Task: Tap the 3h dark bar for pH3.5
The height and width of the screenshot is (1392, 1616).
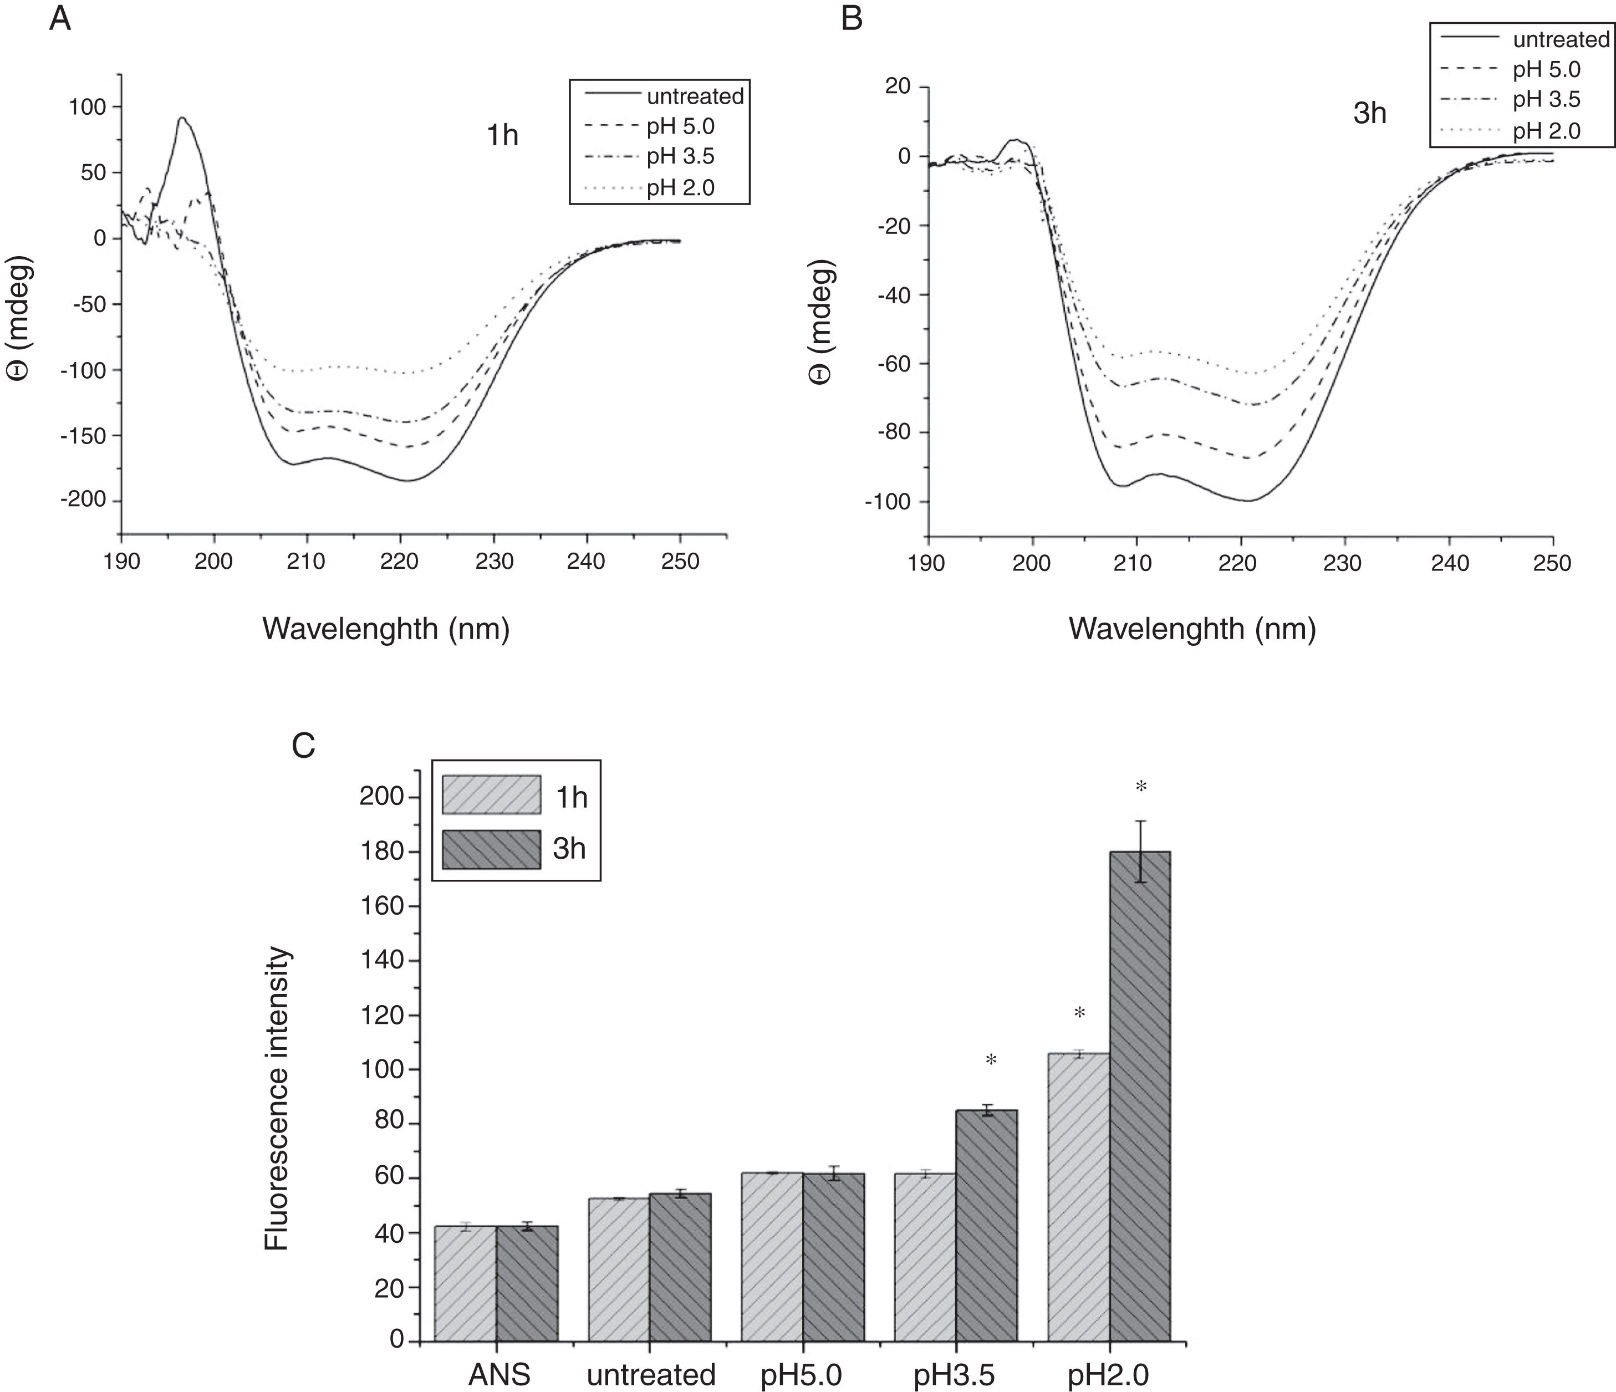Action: (x=987, y=1225)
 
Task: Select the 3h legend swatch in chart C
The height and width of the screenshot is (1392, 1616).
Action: (x=491, y=849)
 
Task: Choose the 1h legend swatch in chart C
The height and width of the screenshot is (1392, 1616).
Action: (x=491, y=794)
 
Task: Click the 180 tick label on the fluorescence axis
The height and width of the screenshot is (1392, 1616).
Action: (x=381, y=851)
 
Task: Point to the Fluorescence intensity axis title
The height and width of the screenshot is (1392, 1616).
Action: (x=277, y=1099)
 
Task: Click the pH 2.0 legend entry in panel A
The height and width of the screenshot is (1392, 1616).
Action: (x=680, y=188)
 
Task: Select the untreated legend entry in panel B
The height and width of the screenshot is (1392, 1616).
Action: (x=1561, y=39)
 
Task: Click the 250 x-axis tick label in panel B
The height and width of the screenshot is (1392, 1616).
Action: (x=1552, y=564)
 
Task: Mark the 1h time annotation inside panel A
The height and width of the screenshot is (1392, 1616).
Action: (x=502, y=136)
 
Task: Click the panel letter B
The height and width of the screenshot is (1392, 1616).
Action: (x=852, y=18)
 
